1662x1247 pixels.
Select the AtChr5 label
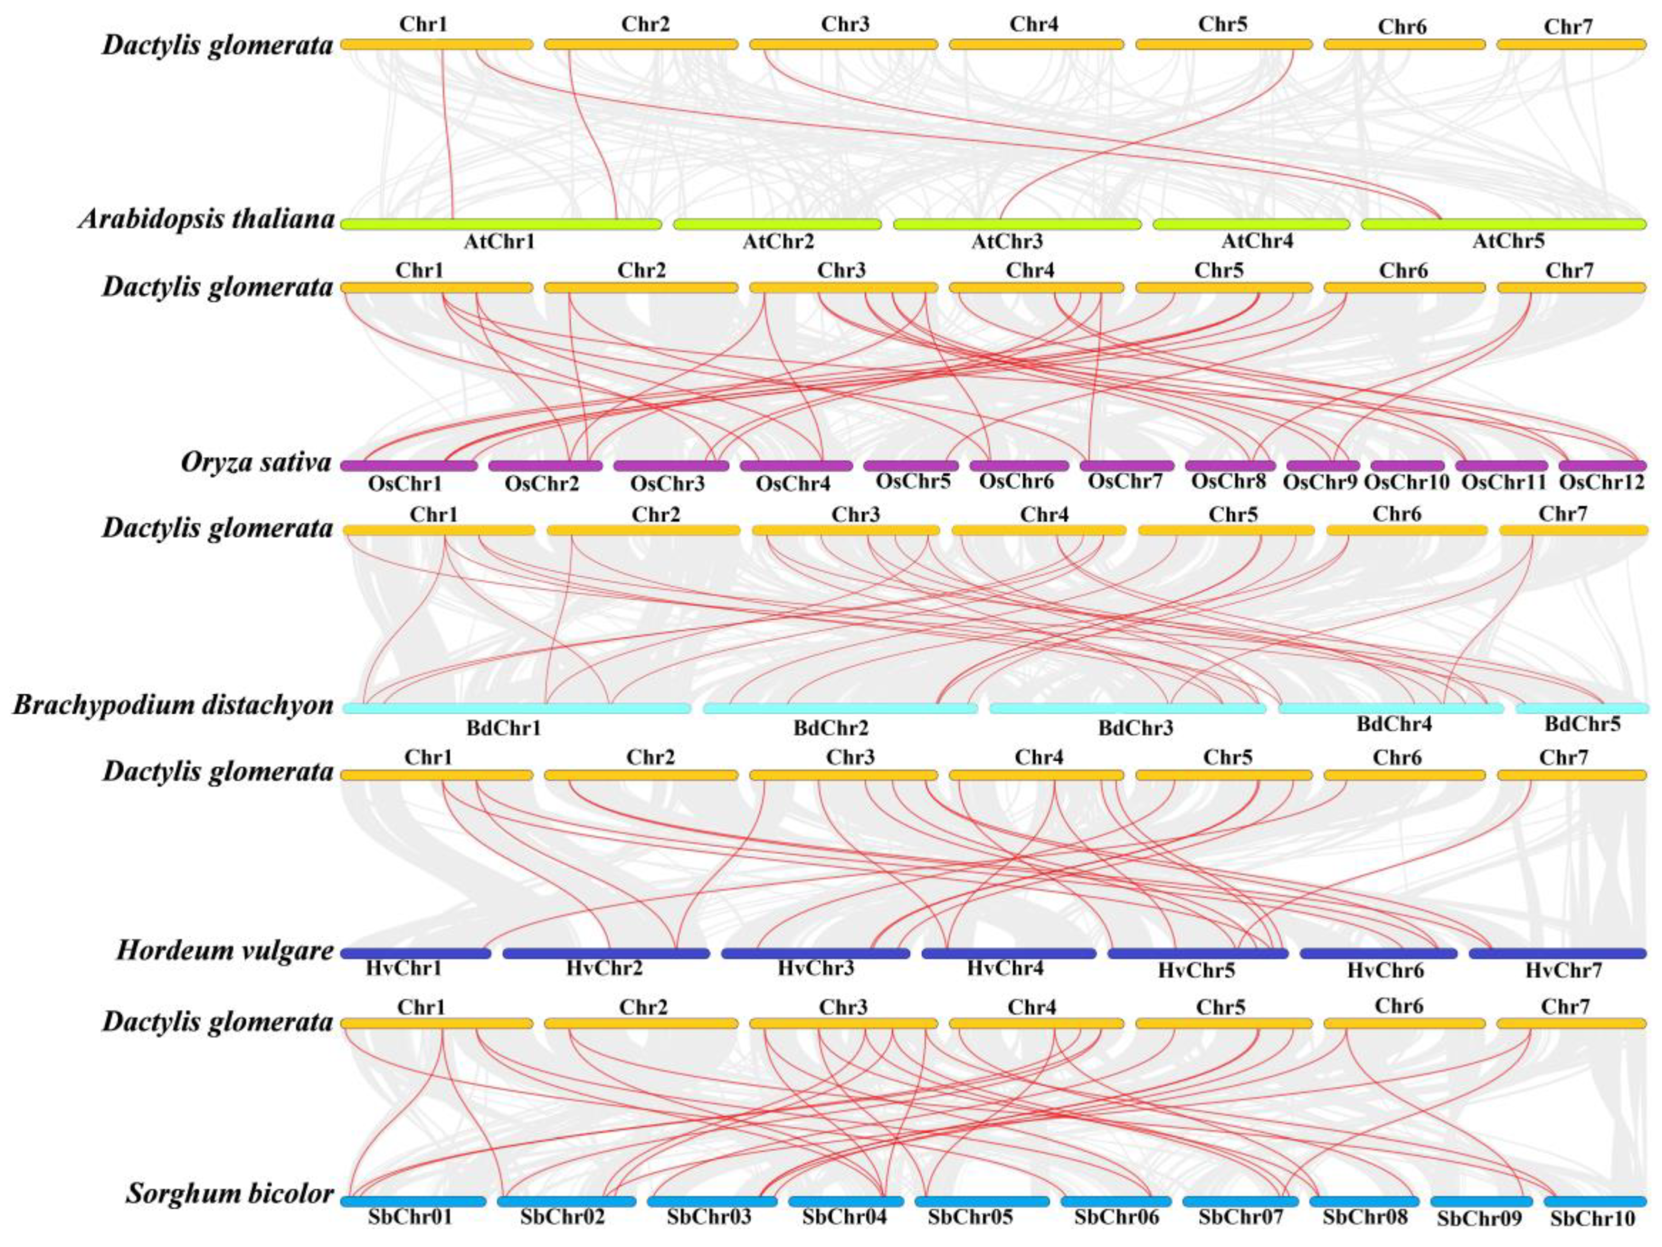tap(1508, 242)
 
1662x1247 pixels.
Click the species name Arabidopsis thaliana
tap(206, 219)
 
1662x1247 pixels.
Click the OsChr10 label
tap(1406, 483)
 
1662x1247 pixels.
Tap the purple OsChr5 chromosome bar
tap(911, 466)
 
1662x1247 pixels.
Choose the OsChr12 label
tap(1601, 483)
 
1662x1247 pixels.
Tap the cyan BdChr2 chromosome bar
tap(840, 708)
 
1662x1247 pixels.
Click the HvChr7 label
tap(1563, 971)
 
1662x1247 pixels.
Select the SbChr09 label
tap(1479, 1219)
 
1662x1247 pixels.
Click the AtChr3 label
tap(1007, 242)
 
